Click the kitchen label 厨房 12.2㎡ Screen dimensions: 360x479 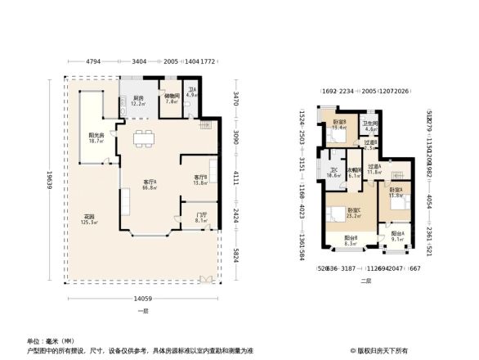pyautogui.click(x=138, y=101)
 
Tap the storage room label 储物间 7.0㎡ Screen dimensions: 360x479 pyautogui.click(x=171, y=98)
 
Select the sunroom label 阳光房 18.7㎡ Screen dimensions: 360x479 pyautogui.click(x=96, y=138)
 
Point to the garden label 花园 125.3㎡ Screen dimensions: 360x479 pyautogui.click(x=89, y=219)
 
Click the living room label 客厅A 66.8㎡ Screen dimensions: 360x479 pyautogui.click(x=150, y=184)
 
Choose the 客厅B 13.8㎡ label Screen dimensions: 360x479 pyautogui.click(x=200, y=180)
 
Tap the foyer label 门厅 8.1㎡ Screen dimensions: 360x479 pyautogui.click(x=201, y=218)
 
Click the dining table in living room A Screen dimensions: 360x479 pyautogui.click(x=144, y=138)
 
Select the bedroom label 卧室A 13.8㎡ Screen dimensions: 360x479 pyautogui.click(x=395, y=193)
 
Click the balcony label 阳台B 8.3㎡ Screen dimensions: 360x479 pyautogui.click(x=350, y=241)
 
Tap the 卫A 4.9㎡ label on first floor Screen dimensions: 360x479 pyautogui.click(x=191, y=93)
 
